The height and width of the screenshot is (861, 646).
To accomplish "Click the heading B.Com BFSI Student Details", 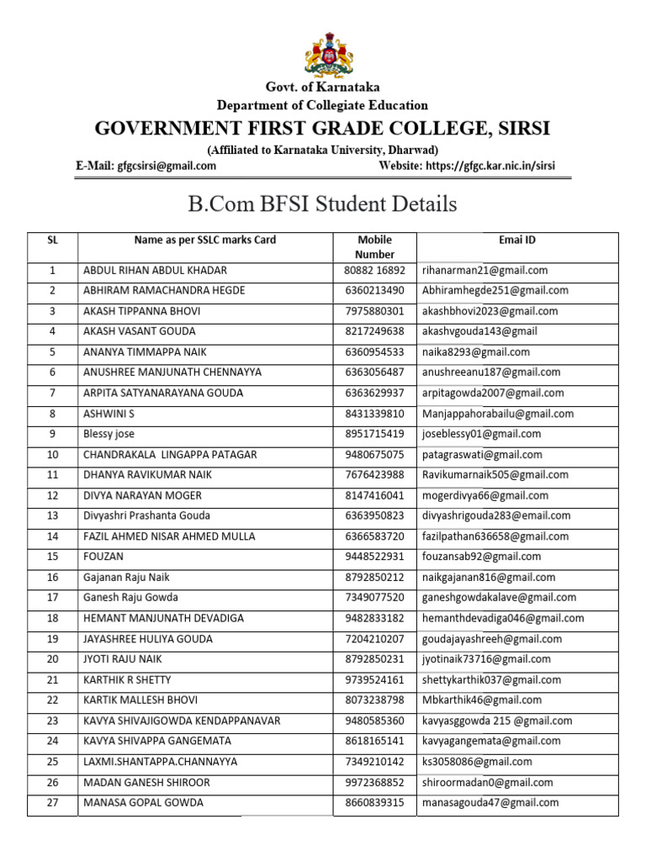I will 323,203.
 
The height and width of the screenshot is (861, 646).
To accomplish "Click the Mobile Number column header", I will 375,247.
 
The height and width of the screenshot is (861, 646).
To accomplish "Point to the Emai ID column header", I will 517,240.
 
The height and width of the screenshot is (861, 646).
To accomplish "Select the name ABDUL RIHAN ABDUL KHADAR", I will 155,271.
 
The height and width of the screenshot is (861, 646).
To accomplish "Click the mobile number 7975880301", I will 375,311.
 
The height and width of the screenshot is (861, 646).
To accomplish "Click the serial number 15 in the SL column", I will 52,557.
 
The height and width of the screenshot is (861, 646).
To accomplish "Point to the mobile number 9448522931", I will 375,557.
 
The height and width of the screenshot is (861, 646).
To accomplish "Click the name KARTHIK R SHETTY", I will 127,679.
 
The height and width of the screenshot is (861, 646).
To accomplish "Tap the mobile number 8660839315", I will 375,803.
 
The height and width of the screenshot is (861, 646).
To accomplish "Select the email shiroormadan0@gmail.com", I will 488,782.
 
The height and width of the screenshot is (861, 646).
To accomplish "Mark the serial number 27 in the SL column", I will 52,803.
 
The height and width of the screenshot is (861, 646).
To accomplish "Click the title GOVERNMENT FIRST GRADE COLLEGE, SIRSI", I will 323,129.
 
